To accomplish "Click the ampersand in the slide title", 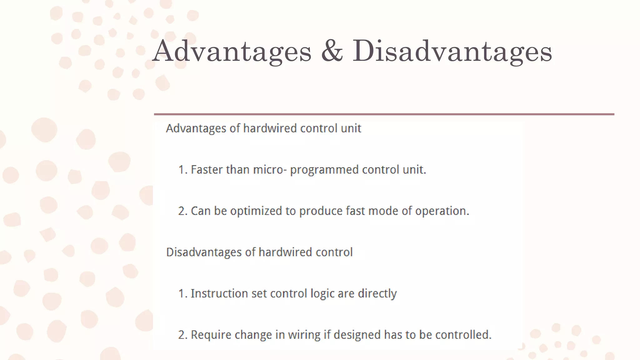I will point(332,51).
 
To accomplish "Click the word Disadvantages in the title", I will point(452,51).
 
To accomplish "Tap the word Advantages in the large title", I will point(232,51).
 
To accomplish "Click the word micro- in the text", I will point(270,170).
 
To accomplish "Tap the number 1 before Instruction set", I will point(181,294).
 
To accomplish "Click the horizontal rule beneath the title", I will point(384,114).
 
